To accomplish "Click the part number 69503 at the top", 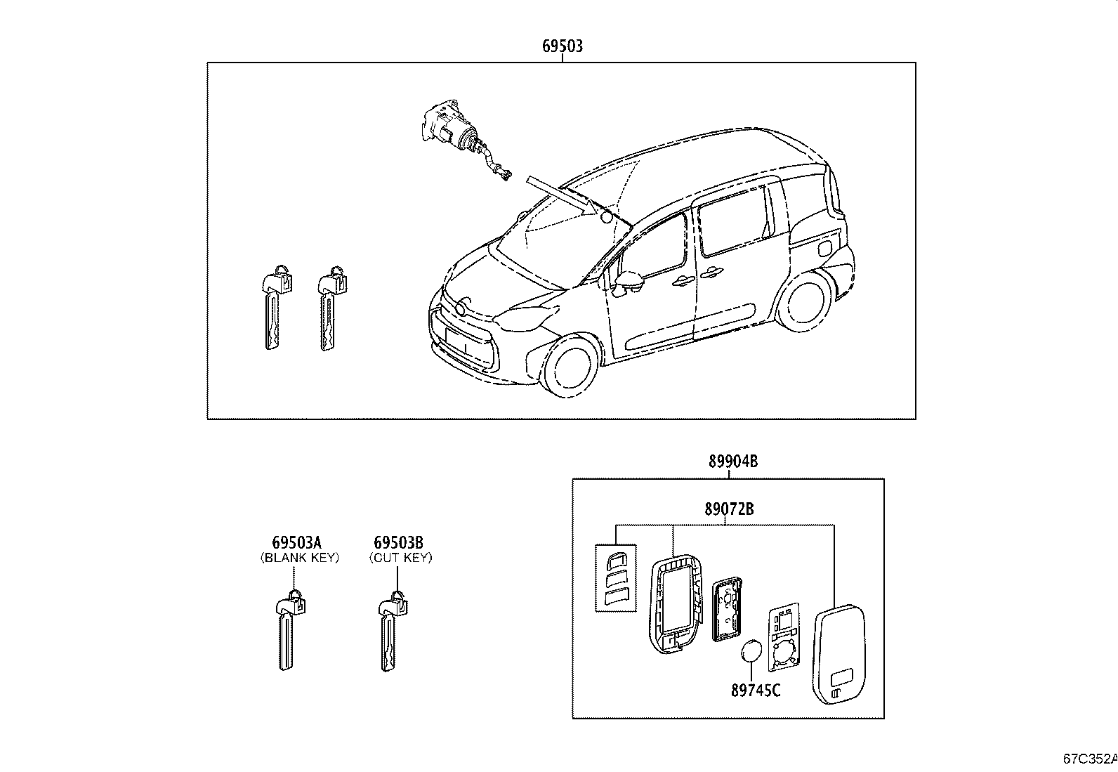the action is [563, 46].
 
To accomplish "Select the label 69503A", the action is [296, 542].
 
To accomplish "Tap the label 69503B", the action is [399, 542].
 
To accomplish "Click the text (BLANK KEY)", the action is [299, 558].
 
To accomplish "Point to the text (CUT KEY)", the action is [401, 558].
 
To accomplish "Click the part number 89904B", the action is [733, 462].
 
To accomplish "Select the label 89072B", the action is [729, 509].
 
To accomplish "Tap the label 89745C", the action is [756, 690].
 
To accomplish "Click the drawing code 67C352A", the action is [1089, 759].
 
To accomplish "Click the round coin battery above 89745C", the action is [751, 651].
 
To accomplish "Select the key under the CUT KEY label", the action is [393, 631].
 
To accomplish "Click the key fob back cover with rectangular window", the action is [839, 655].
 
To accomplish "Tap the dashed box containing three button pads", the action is [616, 577].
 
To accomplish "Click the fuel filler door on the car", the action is [825, 248].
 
